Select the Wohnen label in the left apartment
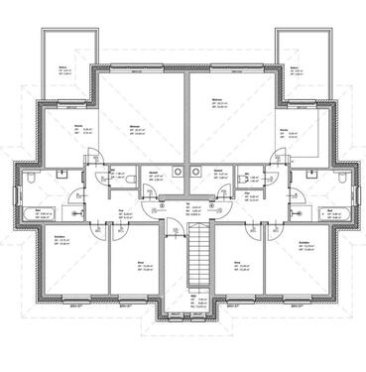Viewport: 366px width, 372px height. (x=134, y=127)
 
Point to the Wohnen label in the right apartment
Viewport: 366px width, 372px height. (x=216, y=100)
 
